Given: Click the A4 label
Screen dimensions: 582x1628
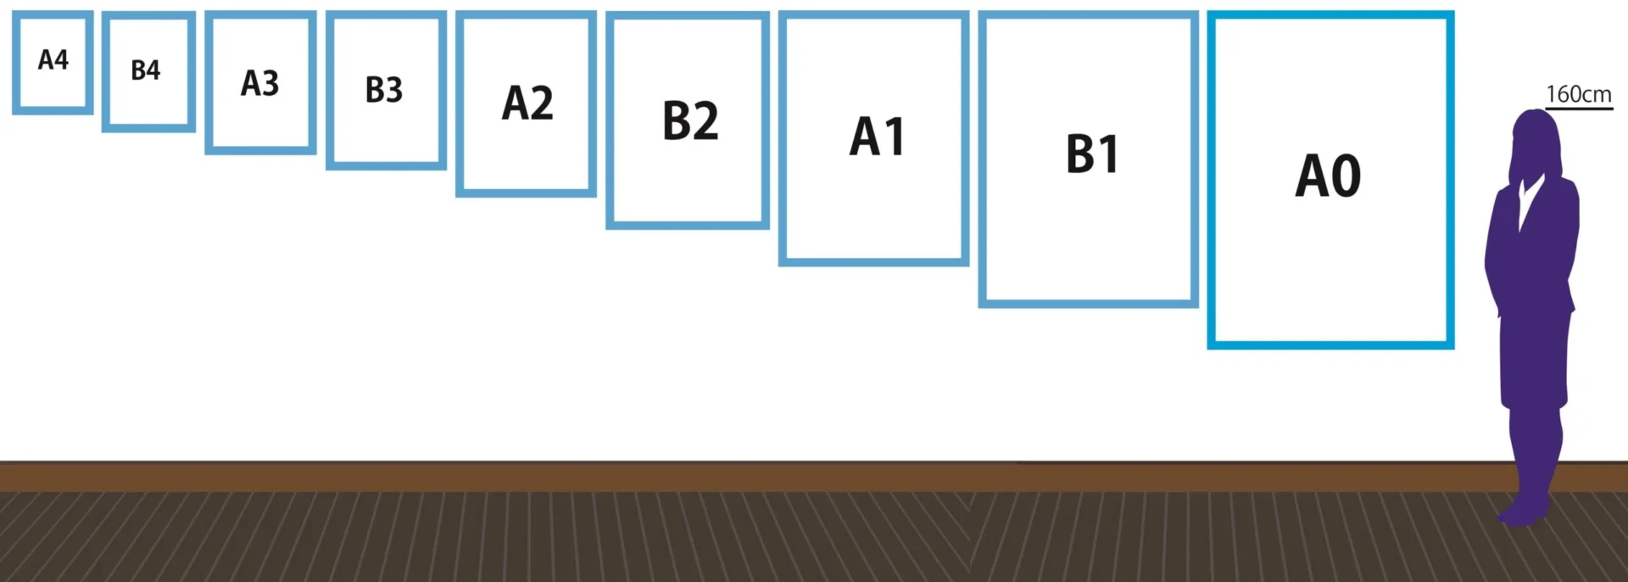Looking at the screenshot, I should click(53, 59).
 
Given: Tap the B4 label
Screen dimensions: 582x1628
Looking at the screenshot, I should click(146, 70).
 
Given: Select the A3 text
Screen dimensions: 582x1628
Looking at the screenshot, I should click(259, 83).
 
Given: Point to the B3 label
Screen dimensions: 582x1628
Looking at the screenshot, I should click(383, 89).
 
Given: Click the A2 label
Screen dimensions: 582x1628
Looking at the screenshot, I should click(527, 104).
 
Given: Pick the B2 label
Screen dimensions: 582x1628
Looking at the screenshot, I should click(690, 120).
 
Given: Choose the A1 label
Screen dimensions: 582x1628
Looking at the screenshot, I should click(878, 137).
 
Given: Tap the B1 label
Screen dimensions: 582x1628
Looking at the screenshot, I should click(1092, 154).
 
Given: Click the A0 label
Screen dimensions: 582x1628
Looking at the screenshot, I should click(1328, 176).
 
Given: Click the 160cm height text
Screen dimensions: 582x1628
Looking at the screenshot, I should click(1578, 94).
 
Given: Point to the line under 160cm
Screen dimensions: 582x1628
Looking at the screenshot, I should click(1578, 109).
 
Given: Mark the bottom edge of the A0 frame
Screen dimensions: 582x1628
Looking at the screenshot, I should click(1330, 344).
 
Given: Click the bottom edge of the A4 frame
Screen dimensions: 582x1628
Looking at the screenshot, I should click(53, 109).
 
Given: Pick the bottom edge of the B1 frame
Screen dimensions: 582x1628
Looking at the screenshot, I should click(1088, 303).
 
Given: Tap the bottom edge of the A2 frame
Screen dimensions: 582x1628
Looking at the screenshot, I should click(526, 193).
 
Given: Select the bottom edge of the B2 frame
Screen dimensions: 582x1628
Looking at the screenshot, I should click(688, 225).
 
